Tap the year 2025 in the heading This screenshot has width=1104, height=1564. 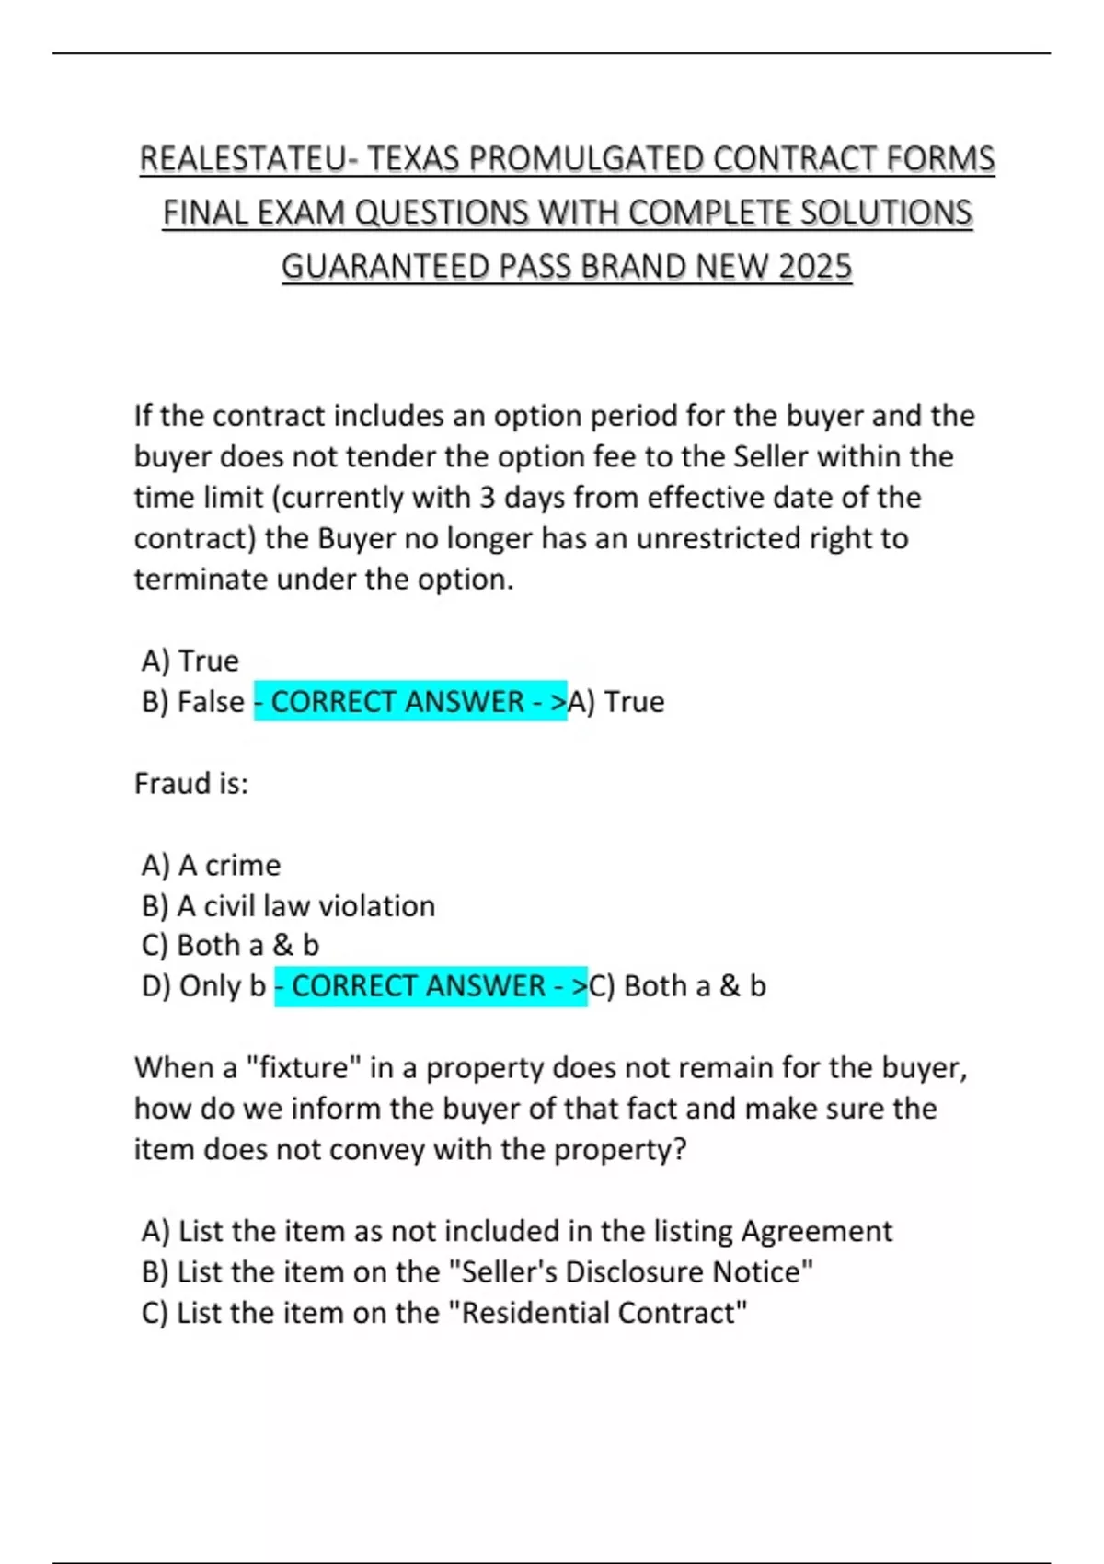click(814, 268)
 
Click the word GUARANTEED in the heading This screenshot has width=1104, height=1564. click(385, 268)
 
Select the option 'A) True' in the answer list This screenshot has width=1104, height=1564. click(190, 661)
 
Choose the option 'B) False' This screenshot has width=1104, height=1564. click(193, 702)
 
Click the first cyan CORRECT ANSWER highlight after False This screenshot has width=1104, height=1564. click(410, 702)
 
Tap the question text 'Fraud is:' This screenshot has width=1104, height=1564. click(191, 784)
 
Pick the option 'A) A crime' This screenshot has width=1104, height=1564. click(212, 866)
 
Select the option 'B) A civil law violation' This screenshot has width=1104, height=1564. click(288, 906)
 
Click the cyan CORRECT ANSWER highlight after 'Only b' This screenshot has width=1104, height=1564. click(431, 986)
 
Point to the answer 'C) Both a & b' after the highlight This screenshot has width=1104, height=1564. click(677, 986)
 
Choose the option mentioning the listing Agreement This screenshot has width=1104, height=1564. click(516, 1231)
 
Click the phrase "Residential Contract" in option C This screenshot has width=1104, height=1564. click(604, 1313)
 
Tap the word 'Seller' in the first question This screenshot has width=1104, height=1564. click(770, 457)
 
